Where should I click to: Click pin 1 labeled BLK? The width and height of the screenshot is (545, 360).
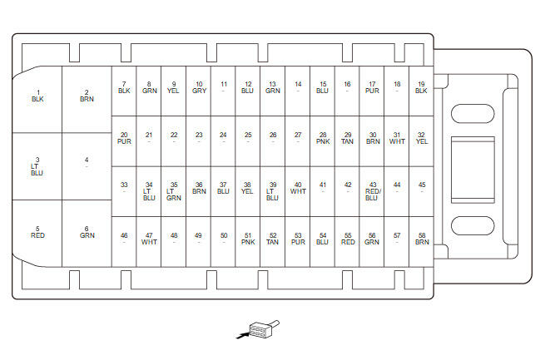[37, 96]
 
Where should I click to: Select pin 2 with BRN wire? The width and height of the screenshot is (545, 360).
[87, 96]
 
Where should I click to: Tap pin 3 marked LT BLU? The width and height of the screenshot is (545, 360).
[37, 165]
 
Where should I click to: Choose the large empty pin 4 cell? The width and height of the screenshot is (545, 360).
[87, 165]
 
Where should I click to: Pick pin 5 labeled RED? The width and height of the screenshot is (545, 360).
[37, 232]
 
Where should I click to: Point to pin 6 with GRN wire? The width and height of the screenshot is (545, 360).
[87, 232]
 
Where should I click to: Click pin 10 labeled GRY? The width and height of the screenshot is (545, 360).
[199, 87]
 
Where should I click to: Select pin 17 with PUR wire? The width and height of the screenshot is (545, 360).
[372, 87]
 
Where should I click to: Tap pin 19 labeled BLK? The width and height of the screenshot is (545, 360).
[422, 87]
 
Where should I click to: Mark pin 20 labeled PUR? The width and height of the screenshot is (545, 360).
[124, 138]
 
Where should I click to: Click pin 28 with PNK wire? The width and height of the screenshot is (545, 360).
[323, 138]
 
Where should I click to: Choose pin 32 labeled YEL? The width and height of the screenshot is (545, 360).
[422, 138]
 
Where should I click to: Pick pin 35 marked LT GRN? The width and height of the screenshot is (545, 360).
[174, 191]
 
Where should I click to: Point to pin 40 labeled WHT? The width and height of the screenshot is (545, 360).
[298, 188]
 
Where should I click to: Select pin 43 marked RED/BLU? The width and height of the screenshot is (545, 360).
[372, 191]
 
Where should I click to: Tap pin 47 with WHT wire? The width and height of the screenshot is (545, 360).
[149, 239]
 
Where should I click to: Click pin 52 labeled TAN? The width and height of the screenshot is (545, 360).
[273, 239]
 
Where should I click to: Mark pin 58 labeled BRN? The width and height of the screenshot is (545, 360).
[422, 239]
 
